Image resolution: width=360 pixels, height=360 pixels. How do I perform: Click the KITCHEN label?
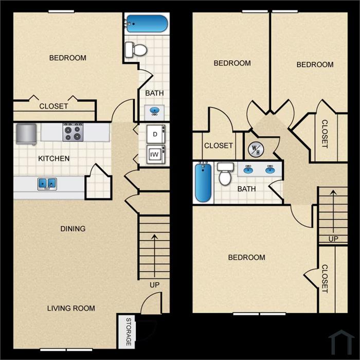53,158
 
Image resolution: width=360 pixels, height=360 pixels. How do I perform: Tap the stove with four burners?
74,132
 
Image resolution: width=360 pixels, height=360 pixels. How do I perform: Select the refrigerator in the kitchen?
26,134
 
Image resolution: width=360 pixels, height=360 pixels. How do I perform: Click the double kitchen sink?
47,184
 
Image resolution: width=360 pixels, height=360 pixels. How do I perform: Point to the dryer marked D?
156,134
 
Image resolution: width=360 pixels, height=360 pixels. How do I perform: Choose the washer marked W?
156,154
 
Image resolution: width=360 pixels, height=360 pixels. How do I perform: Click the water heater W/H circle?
256,150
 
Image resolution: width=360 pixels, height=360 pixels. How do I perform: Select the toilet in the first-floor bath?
136,49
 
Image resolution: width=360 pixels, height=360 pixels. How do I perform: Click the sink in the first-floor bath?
154,112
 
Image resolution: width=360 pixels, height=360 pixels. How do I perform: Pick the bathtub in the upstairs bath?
203,183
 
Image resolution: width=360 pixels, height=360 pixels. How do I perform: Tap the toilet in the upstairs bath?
225,174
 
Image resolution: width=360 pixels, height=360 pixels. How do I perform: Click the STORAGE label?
129,332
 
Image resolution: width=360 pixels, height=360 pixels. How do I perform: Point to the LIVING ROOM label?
71,308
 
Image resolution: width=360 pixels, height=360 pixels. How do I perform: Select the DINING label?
73,229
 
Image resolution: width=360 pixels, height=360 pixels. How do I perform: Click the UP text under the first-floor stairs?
154,285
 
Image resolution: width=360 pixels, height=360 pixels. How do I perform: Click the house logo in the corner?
341,342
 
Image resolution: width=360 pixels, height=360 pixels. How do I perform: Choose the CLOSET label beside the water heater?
219,146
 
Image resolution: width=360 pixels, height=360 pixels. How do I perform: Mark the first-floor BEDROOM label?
68,58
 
